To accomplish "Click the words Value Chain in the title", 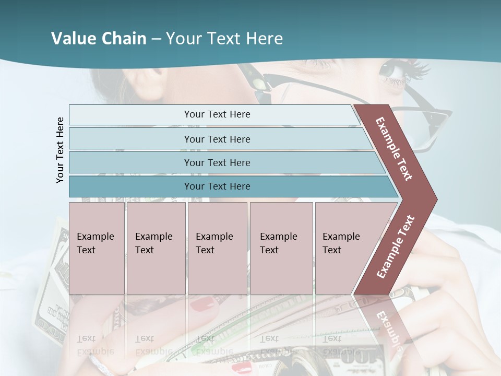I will point(99,39).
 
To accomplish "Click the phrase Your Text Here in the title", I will point(224,39).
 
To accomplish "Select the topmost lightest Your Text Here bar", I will point(217,114).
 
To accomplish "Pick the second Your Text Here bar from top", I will point(217,139).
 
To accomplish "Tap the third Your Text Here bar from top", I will point(217,162).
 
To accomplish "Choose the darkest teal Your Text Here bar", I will point(217,186).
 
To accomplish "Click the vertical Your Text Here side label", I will point(60,150).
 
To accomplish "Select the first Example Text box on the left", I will point(97,248).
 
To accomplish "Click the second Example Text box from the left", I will point(156,248).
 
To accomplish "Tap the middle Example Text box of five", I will point(217,248).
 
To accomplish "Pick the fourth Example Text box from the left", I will point(281,248).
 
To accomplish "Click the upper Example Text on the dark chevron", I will point(395,149).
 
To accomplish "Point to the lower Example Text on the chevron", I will point(395,246).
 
